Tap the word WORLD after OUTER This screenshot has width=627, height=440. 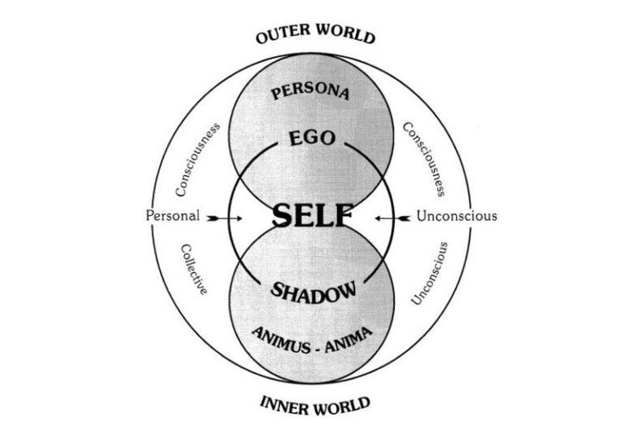tap(346, 34)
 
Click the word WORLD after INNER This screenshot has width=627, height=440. tap(342, 406)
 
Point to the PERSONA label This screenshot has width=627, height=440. tap(310, 91)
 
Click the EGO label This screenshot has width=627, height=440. tap(312, 139)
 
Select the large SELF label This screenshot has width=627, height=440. tap(313, 215)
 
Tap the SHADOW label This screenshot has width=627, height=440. tap(313, 291)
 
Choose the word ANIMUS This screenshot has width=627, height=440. tap(279, 340)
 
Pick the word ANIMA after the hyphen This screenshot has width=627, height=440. tap(349, 340)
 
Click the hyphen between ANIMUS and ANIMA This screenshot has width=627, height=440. tap(318, 350)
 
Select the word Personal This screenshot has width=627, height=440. tap(173, 216)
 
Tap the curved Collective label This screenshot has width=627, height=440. tap(194, 270)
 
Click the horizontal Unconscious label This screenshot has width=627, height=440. tap(457, 216)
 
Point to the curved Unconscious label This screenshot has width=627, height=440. tap(430, 274)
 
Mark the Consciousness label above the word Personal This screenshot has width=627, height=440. tap(198, 159)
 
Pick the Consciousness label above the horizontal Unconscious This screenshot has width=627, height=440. tap(424, 159)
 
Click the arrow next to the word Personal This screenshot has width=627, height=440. tap(225, 218)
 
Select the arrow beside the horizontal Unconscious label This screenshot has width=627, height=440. tap(392, 218)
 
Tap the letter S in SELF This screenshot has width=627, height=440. tap(283, 215)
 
